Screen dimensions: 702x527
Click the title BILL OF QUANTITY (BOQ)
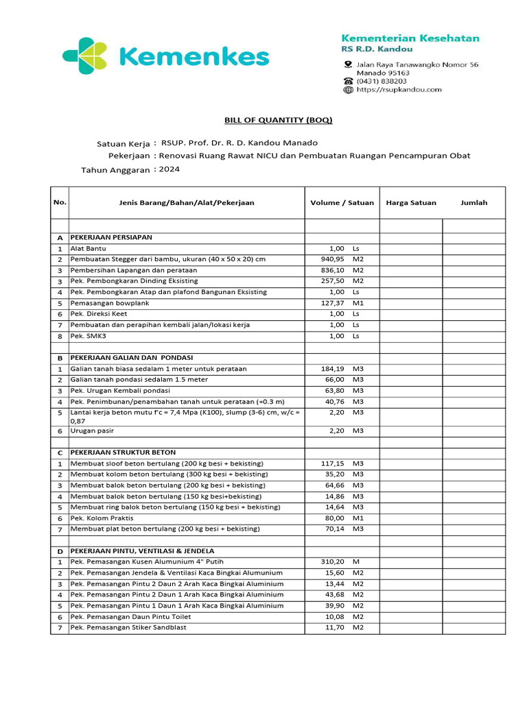coord(279,120)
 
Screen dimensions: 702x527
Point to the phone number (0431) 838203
coord(381,81)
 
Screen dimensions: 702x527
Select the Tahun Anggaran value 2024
coord(169,169)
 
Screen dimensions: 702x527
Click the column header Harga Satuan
coord(411,203)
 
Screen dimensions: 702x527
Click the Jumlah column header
coord(473,203)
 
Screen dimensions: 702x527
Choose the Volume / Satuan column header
coord(342,203)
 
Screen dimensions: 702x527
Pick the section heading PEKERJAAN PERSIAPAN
coord(111,237)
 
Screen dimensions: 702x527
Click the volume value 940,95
coord(332,259)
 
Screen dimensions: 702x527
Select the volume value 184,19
coord(332,369)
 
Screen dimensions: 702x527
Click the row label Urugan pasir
coord(92,431)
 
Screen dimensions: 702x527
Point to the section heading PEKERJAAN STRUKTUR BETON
coord(123,452)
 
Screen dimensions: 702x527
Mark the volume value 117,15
coord(332,463)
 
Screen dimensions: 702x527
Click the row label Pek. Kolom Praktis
coord(102,518)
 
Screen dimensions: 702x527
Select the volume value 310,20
coord(332,562)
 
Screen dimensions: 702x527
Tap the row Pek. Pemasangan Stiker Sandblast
coord(128,628)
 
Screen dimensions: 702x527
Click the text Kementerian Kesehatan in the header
coord(410,38)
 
